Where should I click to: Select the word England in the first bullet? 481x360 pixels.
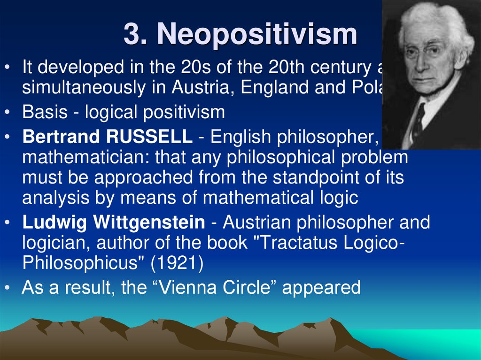pyautogui.click(x=293, y=88)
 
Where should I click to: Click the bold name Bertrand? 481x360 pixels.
pyautogui.click(x=62, y=137)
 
